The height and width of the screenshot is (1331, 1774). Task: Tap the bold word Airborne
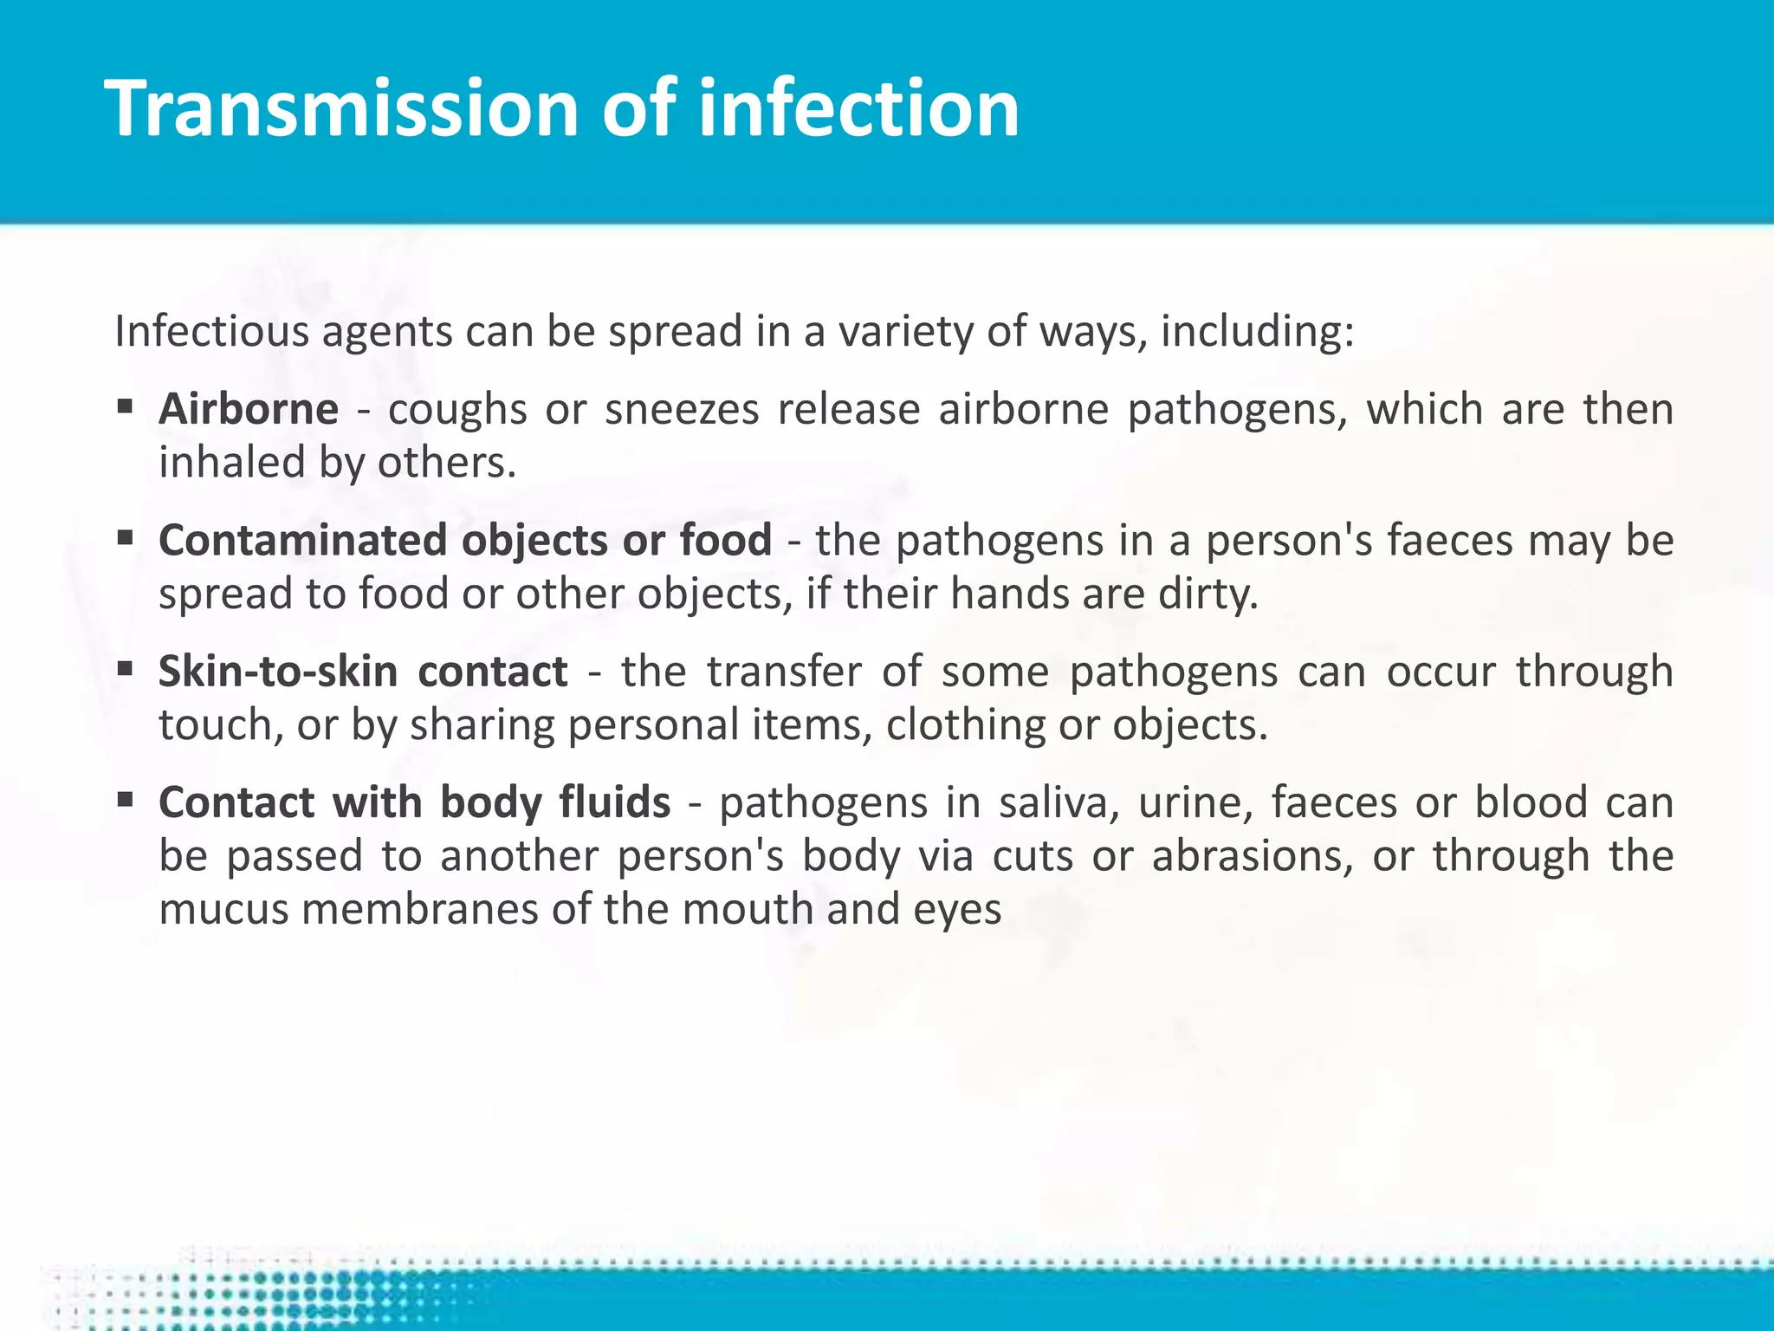[x=249, y=409]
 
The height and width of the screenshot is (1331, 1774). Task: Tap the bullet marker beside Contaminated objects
[x=126, y=538]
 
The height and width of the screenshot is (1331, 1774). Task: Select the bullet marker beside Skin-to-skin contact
[x=126, y=669]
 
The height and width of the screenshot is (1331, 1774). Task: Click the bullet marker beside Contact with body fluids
[x=126, y=800]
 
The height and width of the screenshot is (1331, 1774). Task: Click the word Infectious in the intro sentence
[x=210, y=332]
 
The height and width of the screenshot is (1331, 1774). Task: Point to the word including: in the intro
[x=1257, y=332]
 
